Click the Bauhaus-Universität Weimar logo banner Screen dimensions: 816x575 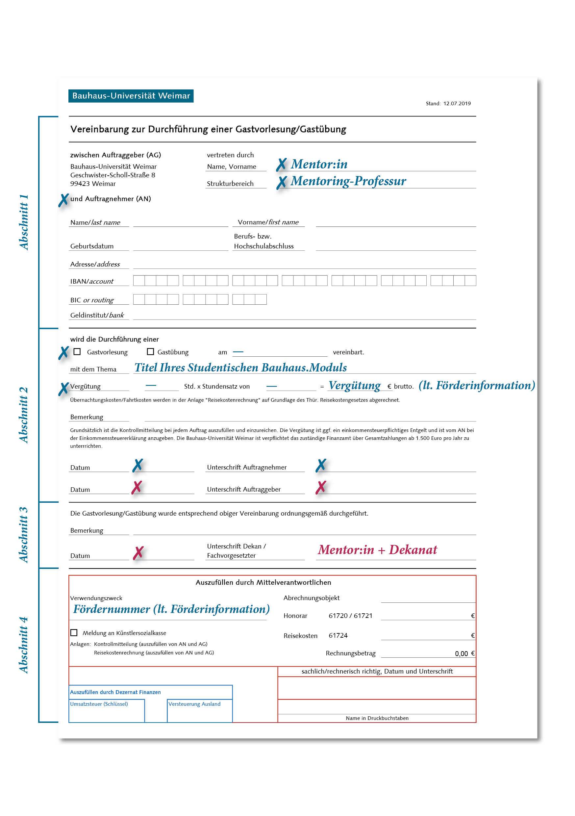[131, 96]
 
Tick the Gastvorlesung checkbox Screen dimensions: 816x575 [77, 352]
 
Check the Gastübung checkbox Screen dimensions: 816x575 [150, 352]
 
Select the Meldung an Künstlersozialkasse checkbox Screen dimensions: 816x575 [74, 633]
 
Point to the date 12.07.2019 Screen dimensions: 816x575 [457, 103]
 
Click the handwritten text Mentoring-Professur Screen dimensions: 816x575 [348, 181]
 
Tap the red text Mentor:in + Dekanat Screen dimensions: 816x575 [377, 550]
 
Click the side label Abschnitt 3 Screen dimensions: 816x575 [23, 535]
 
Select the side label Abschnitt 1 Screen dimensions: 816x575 [23, 222]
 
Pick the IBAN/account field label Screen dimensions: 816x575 [92, 281]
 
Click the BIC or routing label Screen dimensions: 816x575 [92, 300]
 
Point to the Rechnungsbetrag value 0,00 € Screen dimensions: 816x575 [464, 653]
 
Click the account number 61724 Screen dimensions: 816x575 [337, 635]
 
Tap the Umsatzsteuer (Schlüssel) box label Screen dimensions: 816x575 [99, 704]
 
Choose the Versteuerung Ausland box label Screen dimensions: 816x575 [194, 704]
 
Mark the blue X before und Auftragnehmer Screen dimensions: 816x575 [63, 200]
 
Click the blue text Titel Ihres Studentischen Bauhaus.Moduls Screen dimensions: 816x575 [240, 368]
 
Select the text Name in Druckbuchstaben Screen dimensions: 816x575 [377, 718]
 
